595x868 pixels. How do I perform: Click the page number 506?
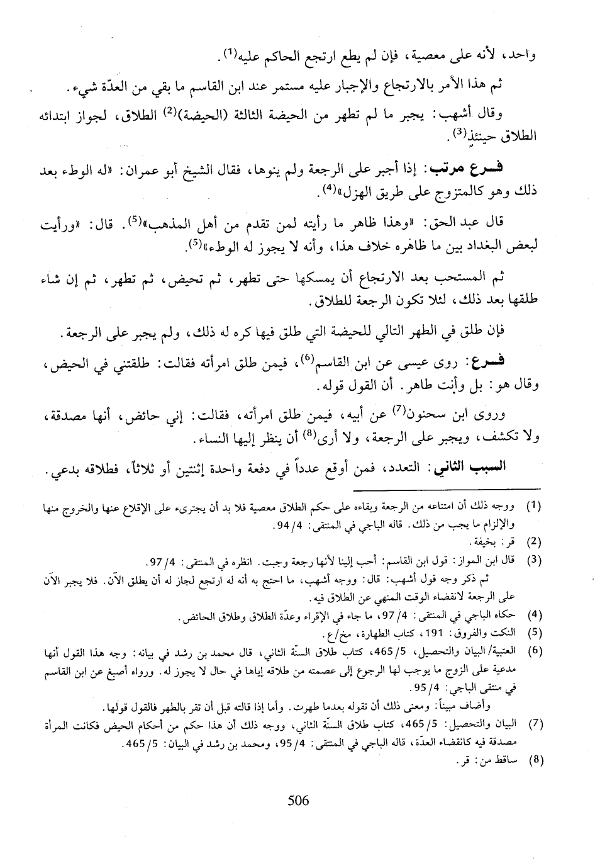pyautogui.click(x=298, y=801)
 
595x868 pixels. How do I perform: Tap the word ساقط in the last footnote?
pyautogui.click(x=507, y=760)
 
